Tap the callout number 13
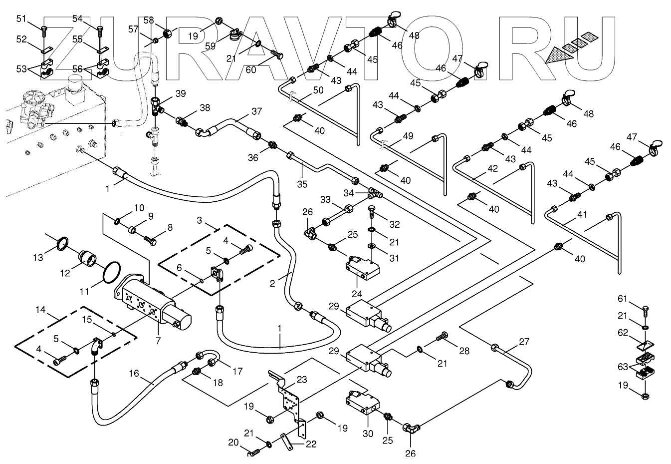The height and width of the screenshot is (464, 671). point(38,257)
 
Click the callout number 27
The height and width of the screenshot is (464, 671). point(523,342)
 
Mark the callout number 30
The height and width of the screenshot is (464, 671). point(368,434)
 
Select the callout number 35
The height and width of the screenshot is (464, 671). point(302,183)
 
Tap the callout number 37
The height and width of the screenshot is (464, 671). point(256,111)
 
